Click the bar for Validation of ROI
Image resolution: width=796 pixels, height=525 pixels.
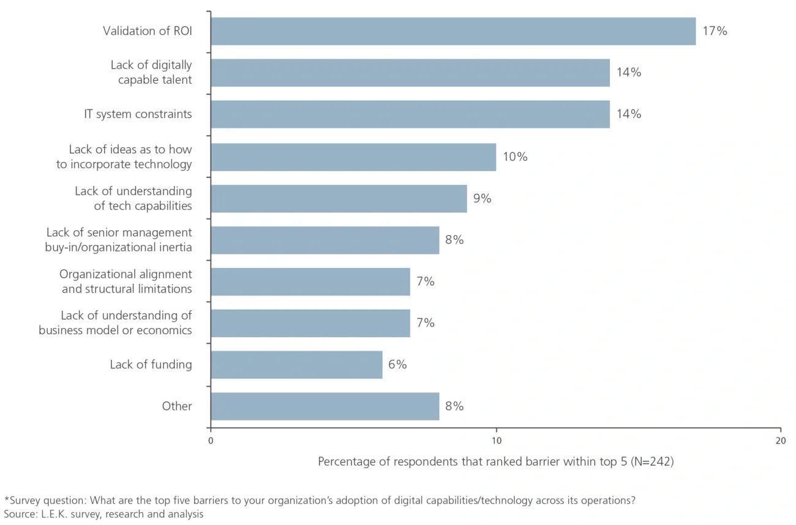453,31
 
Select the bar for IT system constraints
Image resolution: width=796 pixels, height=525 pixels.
410,114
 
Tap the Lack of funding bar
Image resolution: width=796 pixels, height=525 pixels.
296,365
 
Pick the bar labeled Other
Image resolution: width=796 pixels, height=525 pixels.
325,406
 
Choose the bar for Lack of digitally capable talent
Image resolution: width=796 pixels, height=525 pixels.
410,73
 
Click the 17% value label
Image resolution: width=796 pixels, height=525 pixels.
715,31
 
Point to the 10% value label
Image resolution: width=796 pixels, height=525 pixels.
515,157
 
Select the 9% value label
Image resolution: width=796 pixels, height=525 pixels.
482,198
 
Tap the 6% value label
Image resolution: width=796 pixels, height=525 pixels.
397,365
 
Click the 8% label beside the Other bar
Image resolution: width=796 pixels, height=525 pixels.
454,406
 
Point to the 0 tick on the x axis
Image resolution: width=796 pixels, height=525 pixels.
211,441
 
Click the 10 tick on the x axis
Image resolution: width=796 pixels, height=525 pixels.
496,441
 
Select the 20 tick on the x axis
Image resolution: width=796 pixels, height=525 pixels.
780,441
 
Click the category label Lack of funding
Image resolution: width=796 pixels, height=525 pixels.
151,365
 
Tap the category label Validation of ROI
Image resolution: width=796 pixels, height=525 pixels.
147,31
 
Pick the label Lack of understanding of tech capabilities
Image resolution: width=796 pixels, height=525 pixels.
133,198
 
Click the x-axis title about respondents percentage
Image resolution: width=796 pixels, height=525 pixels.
495,462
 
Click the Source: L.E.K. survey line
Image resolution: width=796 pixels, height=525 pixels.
103,514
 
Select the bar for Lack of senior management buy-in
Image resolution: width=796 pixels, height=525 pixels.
325,240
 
